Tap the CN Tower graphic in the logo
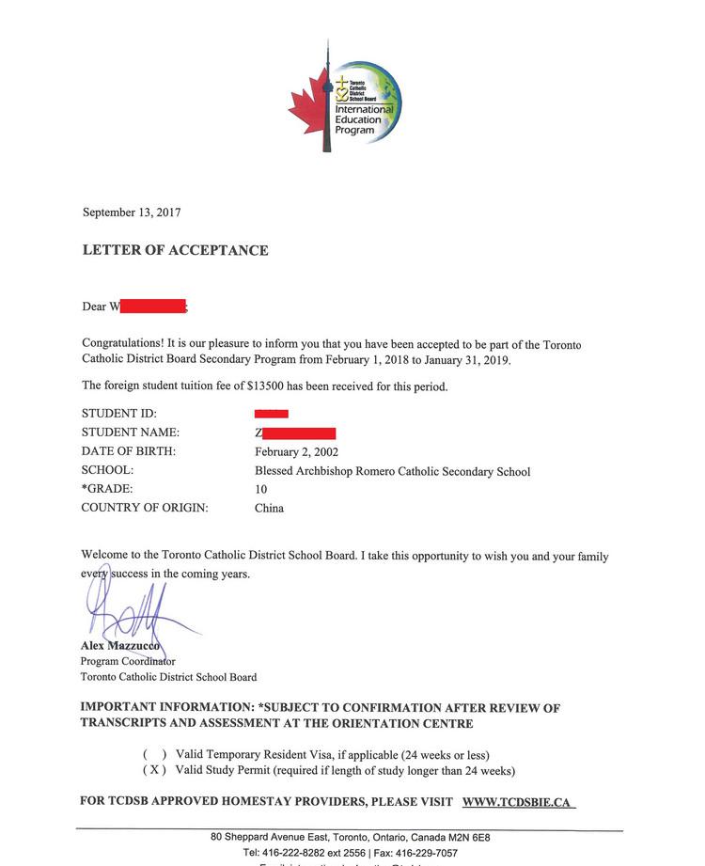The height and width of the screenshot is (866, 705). pos(327,99)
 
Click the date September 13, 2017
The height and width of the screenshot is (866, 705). pos(132,213)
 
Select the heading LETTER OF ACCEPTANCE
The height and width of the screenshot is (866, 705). pos(175,250)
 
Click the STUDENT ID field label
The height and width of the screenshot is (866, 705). pos(119,414)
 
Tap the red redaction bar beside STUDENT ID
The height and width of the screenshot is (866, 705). pos(272,414)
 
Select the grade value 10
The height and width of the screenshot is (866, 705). pos(261,490)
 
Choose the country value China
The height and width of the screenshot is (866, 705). pos(269,509)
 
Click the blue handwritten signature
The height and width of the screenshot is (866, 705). pos(132,611)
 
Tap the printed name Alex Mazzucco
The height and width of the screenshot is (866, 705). pos(119,647)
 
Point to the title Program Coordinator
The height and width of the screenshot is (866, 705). pos(128,662)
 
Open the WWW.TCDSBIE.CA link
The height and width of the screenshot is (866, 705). pos(517,802)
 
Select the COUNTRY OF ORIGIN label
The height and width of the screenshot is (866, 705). pos(145,509)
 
